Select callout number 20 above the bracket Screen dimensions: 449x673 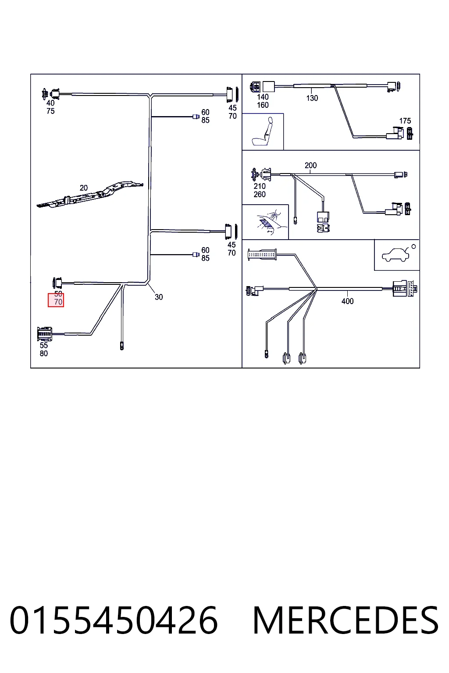84,188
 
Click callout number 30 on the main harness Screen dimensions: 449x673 159,297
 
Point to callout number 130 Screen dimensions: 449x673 312,98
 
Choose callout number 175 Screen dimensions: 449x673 405,121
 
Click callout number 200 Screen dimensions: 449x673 311,165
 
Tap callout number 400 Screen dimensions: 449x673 348,301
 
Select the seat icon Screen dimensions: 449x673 263,131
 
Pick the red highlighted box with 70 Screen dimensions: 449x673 56,300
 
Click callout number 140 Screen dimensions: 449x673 263,97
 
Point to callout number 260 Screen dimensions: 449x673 260,195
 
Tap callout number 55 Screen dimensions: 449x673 44,345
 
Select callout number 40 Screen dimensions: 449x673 50,103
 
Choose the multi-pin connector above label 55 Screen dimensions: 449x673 45,334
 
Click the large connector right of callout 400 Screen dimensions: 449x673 405,289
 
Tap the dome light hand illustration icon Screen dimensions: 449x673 268,222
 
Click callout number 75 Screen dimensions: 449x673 50,111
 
